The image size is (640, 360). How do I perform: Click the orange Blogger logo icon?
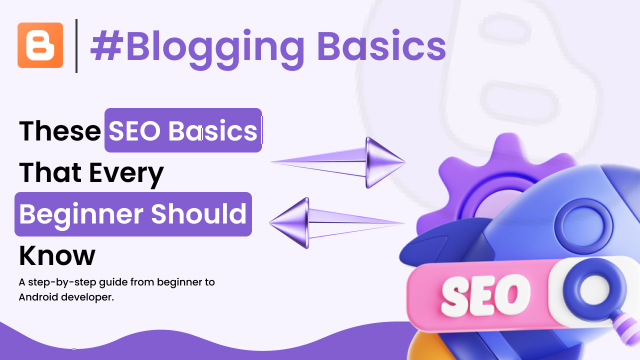pyautogui.click(x=40, y=45)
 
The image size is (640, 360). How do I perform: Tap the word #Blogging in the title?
pyautogui.click(x=197, y=48)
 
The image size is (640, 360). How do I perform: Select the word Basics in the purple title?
pyautogui.click(x=381, y=45)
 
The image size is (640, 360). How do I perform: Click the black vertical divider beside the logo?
pyautogui.click(x=76, y=45)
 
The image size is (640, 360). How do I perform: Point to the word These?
pyautogui.click(x=60, y=131)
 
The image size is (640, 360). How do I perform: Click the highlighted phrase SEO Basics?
pyautogui.click(x=183, y=130)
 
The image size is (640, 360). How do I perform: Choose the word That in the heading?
pyautogui.click(x=50, y=172)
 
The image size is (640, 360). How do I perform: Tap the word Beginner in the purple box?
pyautogui.click(x=81, y=215)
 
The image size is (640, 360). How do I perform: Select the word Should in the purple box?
pyautogui.click(x=198, y=213)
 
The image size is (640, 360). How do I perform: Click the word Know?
pyautogui.click(x=57, y=255)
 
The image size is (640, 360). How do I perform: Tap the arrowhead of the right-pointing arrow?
pyautogui.click(x=385, y=162)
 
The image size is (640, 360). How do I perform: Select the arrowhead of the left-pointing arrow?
pyautogui.click(x=289, y=223)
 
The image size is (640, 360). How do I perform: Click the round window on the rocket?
pyautogui.click(x=583, y=225)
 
